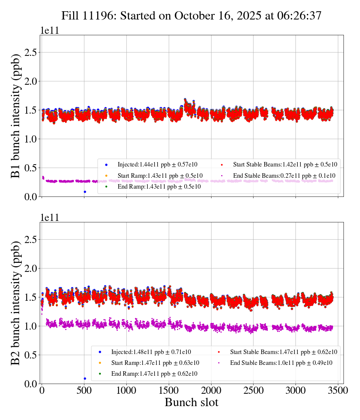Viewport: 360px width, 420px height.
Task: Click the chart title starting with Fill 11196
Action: point(192,15)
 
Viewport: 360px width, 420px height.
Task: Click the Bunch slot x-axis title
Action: point(191,402)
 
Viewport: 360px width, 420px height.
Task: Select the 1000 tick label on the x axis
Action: point(126,390)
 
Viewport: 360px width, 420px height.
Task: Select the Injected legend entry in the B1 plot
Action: point(157,165)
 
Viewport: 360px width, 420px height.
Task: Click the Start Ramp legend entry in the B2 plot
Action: point(155,363)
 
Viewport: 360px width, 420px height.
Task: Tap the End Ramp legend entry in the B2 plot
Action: point(154,374)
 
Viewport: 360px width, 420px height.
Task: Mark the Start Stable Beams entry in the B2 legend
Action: point(278,352)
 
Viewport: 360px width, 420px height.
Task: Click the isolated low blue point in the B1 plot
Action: point(85,192)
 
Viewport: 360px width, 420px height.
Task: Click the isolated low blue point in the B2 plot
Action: point(85,378)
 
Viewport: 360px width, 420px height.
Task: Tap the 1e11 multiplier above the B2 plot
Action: point(49,218)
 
